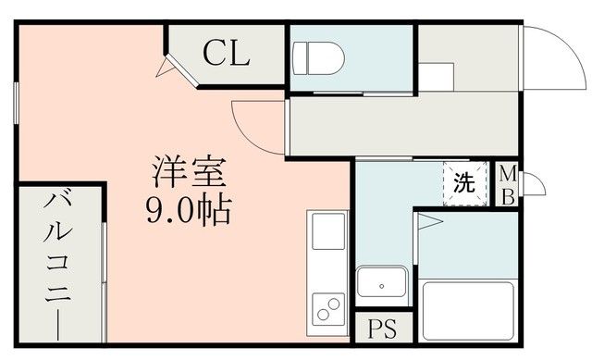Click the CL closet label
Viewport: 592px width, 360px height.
227,54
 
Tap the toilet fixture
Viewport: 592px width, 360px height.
317,58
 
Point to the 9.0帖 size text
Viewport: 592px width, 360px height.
188,209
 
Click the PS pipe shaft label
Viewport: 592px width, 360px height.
379,329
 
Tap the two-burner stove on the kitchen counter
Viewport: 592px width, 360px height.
328,306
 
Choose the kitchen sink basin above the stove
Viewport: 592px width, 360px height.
328,231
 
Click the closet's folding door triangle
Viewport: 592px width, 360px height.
167,68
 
